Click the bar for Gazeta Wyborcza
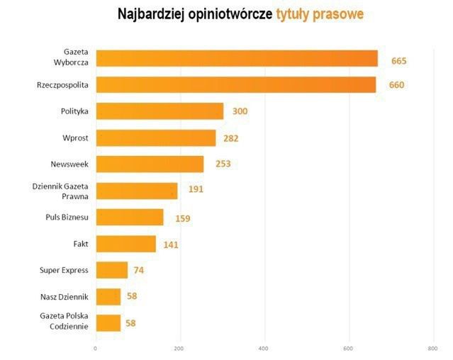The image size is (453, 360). point(236,58)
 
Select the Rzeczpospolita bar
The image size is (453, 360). point(235,85)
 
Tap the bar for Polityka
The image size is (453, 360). point(160,111)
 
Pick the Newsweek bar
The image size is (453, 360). point(150,164)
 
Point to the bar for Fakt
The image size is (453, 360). point(125,244)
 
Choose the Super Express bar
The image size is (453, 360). point(111,270)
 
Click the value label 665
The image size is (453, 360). point(398,61)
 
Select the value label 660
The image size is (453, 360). point(396,86)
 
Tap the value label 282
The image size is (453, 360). point(230,138)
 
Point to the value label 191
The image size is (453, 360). point(196,190)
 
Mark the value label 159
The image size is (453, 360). point(182,218)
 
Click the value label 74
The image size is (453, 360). point(138,270)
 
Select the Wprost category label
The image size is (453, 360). point(74,137)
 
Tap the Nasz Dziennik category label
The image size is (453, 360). point(64,297)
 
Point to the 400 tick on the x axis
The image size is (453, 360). point(264,349)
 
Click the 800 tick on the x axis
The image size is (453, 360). point(432,349)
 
